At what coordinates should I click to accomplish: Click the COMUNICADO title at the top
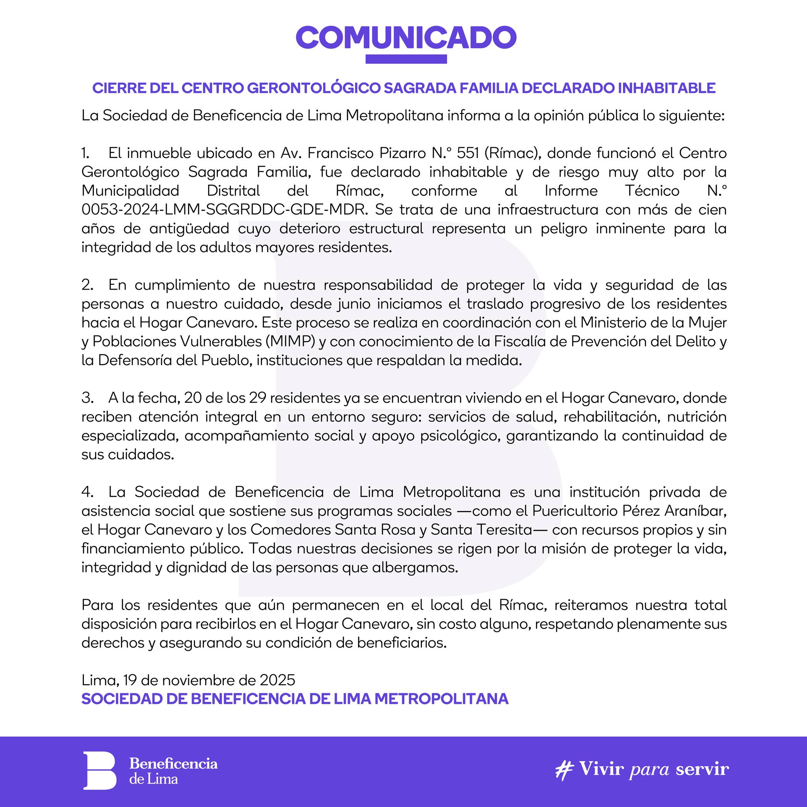tap(406, 37)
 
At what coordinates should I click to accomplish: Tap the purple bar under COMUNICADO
tap(406, 60)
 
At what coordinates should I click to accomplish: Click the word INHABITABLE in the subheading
tap(666, 88)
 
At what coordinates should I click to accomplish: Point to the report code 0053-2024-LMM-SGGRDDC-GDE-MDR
tap(223, 210)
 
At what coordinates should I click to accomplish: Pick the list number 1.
tap(85, 153)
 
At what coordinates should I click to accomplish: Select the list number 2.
tap(87, 285)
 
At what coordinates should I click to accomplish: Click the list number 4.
tap(87, 492)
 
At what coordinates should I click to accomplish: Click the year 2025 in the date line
tap(277, 680)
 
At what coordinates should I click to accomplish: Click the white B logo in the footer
tap(99, 771)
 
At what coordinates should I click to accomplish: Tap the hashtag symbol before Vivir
tap(564, 770)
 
